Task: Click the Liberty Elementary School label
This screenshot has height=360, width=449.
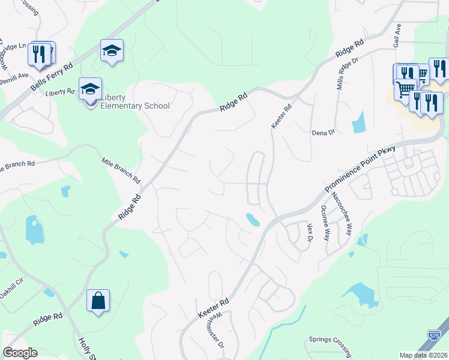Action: point(134,102)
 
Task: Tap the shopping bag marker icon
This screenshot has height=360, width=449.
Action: point(98,300)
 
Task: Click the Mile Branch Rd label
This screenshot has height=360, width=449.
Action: point(121,171)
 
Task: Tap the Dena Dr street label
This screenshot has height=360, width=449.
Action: point(322,133)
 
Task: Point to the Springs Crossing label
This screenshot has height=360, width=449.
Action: point(329,340)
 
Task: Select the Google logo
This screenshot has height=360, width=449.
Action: point(20,353)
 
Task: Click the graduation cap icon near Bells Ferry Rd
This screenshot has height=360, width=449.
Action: point(112,50)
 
